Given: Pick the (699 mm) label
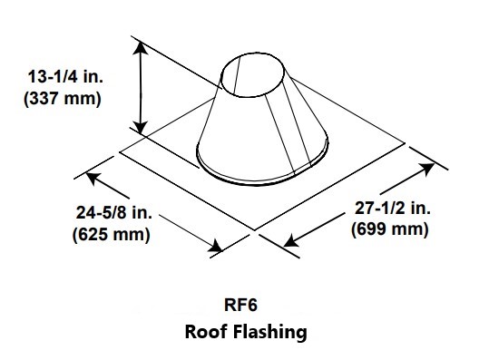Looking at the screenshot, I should click(390, 229).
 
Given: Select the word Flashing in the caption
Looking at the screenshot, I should click(270, 332).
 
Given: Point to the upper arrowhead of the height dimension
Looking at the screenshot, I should click(141, 51).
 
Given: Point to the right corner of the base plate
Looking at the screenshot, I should click(404, 143).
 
